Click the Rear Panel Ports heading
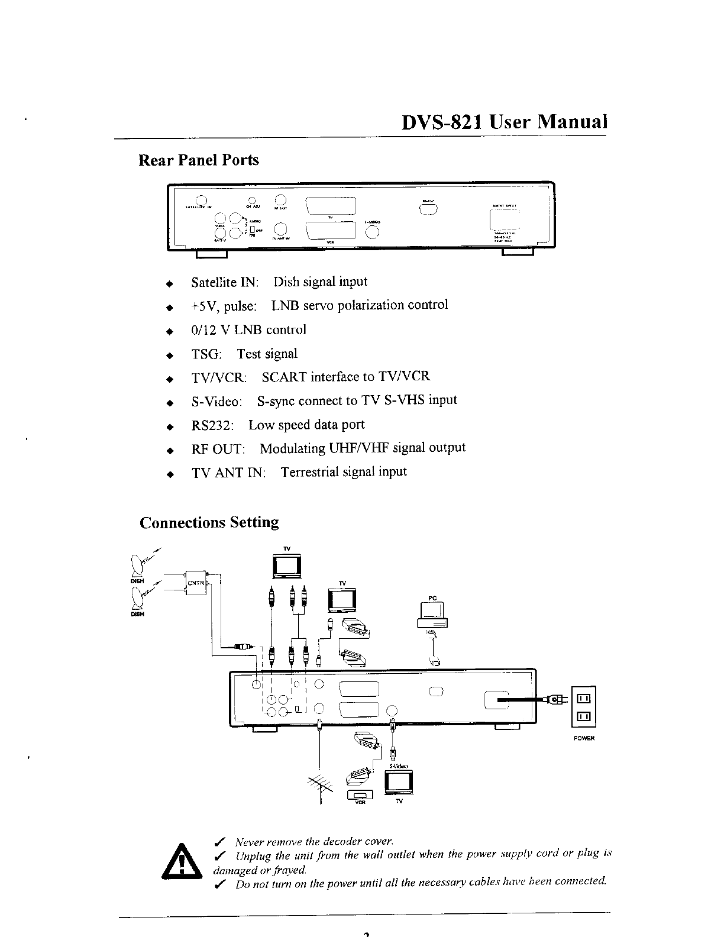(x=198, y=160)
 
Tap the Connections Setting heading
(x=209, y=522)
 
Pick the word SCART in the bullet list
(x=284, y=377)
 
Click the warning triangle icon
(x=183, y=862)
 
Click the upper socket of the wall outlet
(x=583, y=699)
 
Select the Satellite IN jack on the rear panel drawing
(x=201, y=199)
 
